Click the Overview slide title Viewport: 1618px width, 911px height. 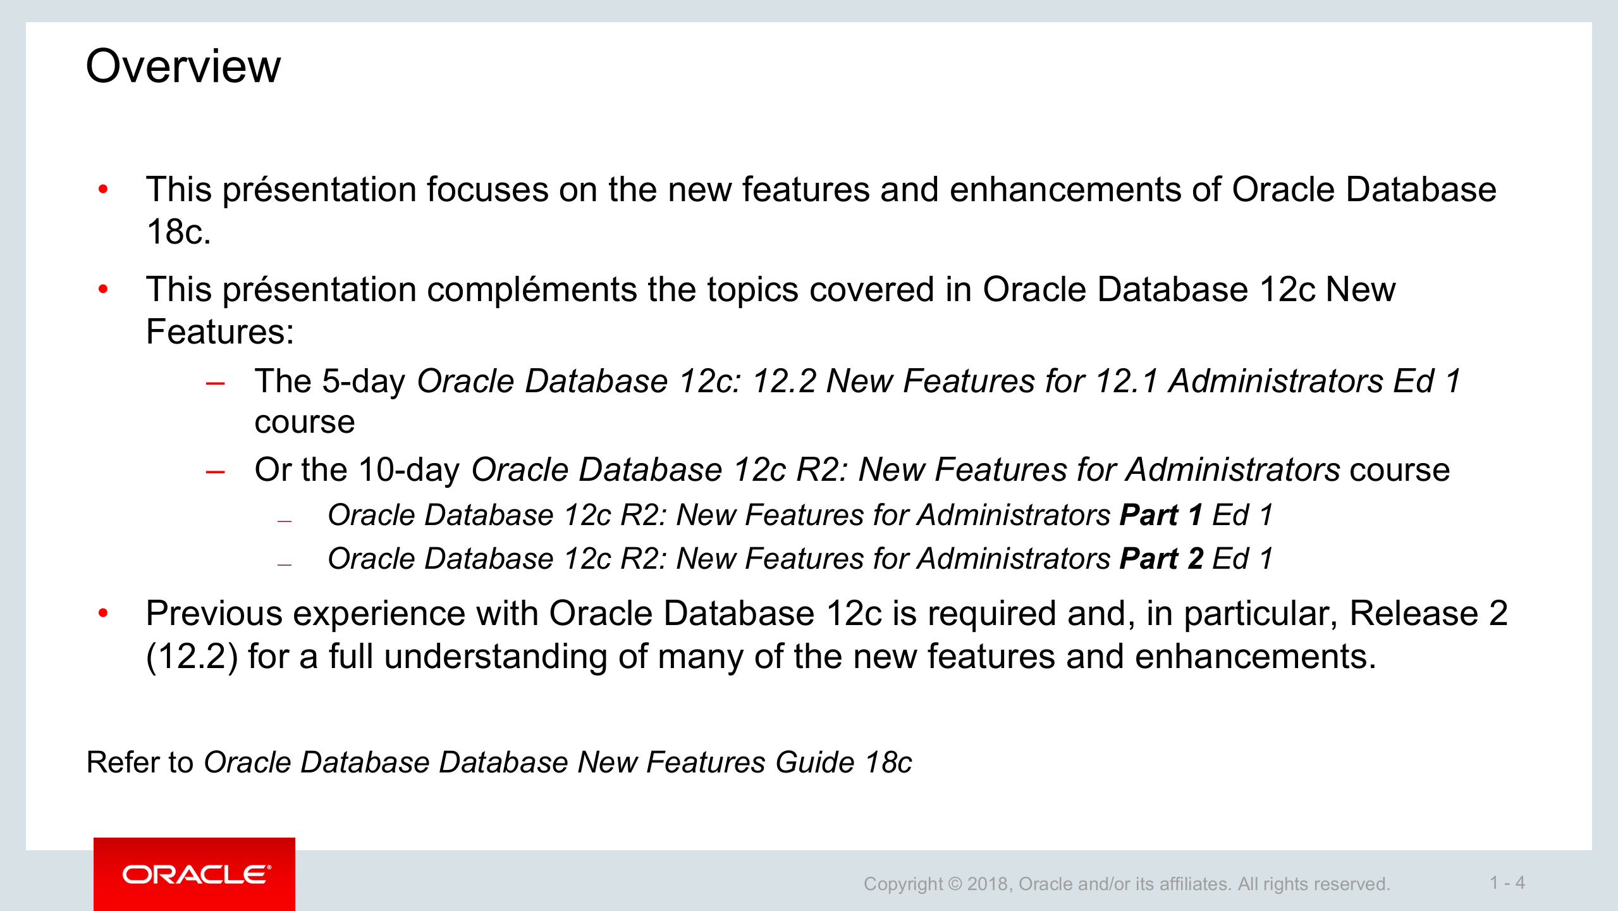183,66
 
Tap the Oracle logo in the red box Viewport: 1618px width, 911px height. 196,875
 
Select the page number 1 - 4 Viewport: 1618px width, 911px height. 1507,883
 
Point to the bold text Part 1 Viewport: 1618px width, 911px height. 1161,515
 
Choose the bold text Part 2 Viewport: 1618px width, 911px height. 1161,559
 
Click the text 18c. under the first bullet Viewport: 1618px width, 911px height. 178,232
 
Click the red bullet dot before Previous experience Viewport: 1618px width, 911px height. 104,612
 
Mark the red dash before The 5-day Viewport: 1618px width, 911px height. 216,383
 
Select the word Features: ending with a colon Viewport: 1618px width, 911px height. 220,332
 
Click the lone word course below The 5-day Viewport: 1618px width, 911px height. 304,423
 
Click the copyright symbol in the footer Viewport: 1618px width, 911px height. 955,884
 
